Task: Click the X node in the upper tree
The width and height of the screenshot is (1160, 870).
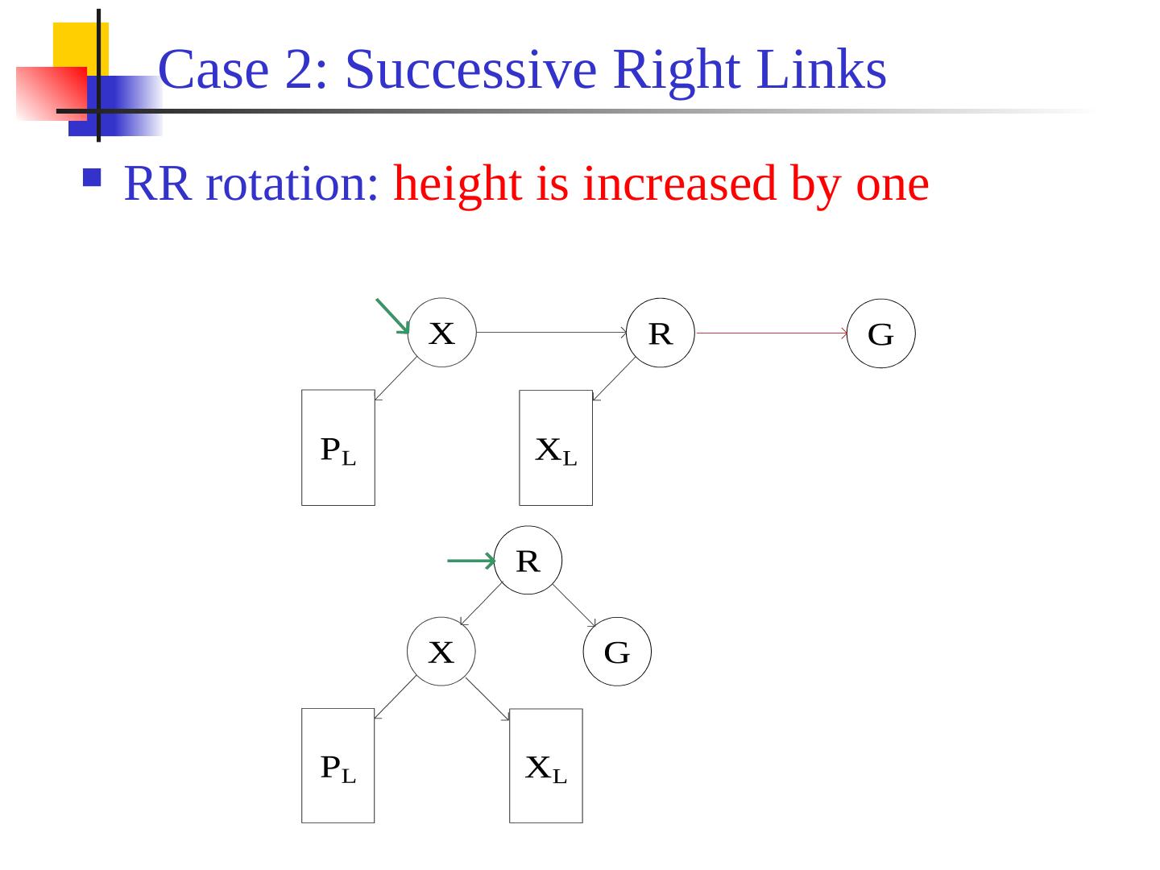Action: tap(441, 333)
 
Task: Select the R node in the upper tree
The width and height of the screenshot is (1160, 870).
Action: tap(661, 333)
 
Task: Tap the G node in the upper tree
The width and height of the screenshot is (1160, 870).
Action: tap(880, 333)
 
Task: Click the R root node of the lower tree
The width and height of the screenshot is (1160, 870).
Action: tap(528, 560)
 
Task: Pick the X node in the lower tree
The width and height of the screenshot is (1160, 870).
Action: tap(441, 651)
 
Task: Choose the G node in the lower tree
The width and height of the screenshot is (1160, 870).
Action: tap(617, 651)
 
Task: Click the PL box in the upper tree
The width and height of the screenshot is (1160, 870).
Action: tap(338, 448)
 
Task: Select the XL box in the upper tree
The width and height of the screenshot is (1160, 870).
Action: tap(556, 448)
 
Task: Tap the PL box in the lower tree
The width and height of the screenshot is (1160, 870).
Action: tap(338, 765)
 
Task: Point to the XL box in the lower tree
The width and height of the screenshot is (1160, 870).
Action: tap(546, 765)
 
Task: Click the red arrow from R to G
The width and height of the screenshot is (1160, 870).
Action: tap(771, 333)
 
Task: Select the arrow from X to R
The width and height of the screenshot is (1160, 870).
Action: tap(551, 332)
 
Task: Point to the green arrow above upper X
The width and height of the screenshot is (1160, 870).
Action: tap(392, 316)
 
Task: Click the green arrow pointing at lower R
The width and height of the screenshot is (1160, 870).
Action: tap(470, 560)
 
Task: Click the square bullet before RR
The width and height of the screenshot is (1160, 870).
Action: tap(92, 177)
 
